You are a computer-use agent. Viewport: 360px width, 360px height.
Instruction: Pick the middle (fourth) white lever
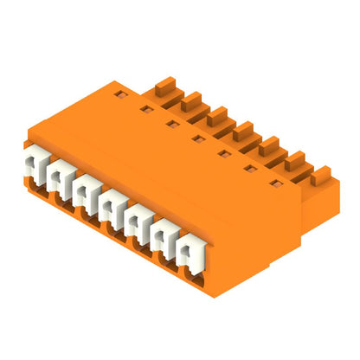(x=111, y=202)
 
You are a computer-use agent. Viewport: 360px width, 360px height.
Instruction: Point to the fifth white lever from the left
(x=137, y=217)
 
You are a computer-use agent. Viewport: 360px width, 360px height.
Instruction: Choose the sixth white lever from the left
(x=164, y=233)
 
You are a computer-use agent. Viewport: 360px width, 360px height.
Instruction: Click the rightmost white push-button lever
(x=190, y=248)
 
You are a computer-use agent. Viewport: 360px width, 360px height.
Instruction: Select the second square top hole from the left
(x=145, y=108)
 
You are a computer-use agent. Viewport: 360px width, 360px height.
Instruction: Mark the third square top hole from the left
(x=171, y=123)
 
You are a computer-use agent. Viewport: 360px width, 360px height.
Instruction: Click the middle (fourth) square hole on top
(x=197, y=138)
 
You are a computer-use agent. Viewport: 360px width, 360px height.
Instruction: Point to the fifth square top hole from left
(x=224, y=154)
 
